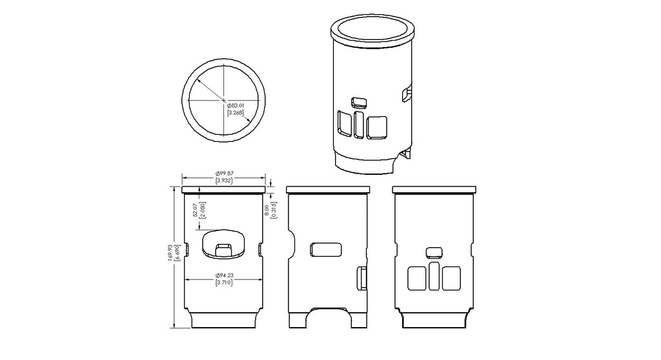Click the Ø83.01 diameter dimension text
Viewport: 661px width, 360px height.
click(236, 105)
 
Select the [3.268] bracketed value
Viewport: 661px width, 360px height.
click(236, 112)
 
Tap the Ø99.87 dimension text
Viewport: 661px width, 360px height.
click(224, 174)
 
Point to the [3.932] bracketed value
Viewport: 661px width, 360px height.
click(224, 181)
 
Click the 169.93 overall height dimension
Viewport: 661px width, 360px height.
click(170, 253)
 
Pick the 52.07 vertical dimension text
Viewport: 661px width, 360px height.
click(195, 210)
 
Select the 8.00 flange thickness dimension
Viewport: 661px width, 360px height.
click(267, 210)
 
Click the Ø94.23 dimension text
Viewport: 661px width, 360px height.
click(224, 275)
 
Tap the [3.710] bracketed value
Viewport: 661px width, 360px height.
click(224, 283)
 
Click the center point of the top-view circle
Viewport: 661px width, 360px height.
click(224, 101)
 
